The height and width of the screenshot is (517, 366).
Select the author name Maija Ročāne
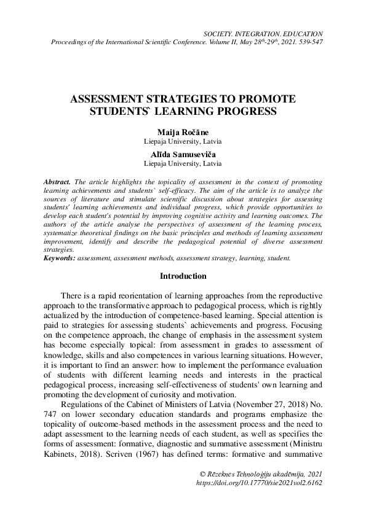[x=183, y=133]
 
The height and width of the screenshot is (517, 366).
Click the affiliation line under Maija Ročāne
[x=183, y=142]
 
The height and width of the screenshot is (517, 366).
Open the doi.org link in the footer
[x=258, y=483]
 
